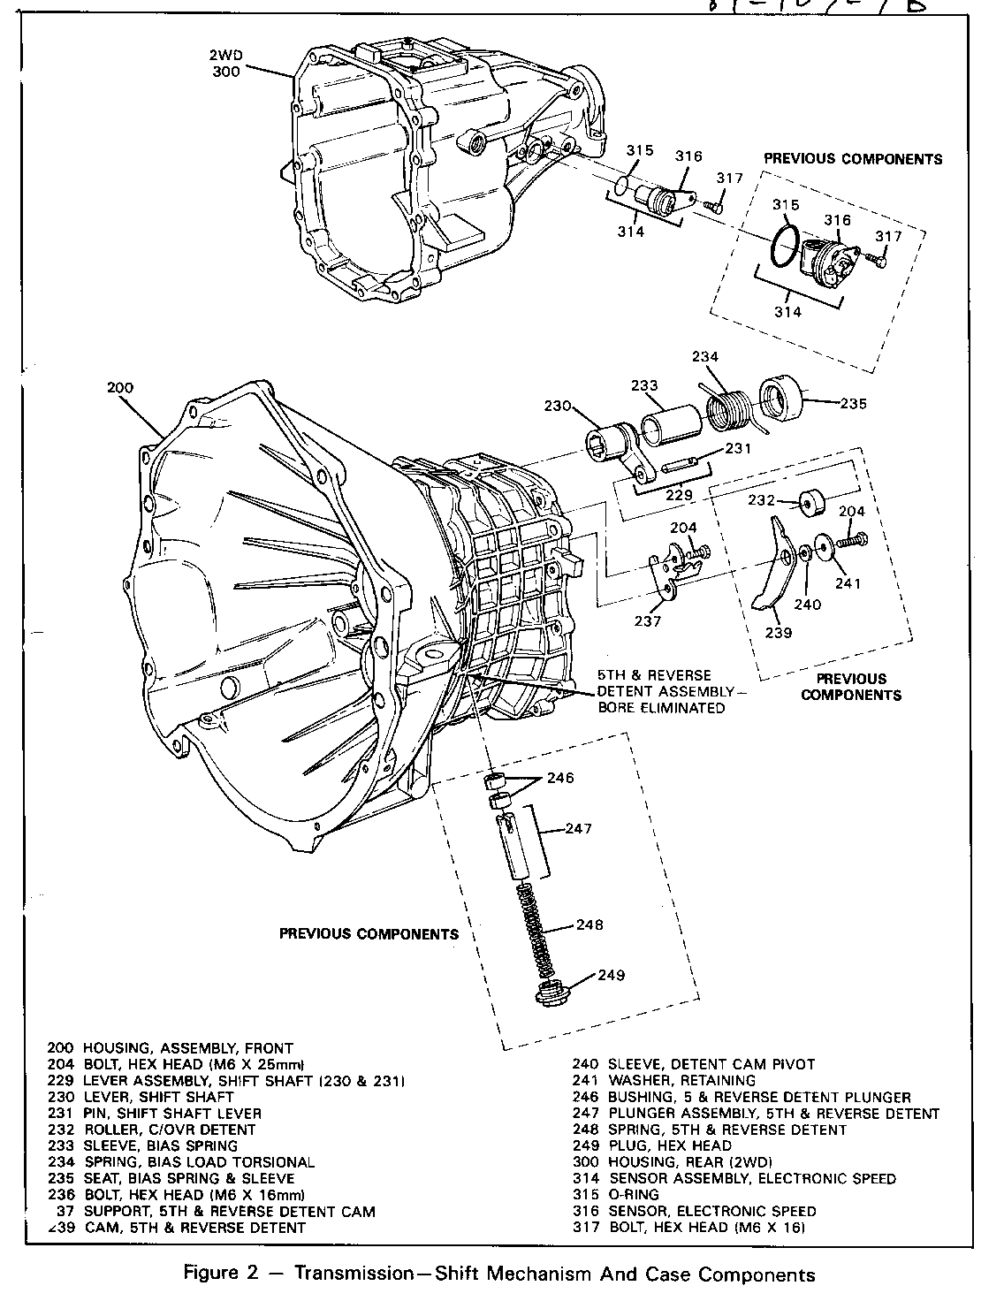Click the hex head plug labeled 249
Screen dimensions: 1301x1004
click(553, 993)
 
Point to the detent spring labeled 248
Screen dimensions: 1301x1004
click(532, 927)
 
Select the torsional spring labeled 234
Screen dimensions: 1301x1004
click(728, 407)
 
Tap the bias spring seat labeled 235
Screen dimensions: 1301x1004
click(780, 399)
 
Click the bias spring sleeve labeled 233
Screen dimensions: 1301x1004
click(672, 426)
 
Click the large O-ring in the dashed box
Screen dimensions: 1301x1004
click(785, 244)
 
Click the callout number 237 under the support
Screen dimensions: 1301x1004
click(647, 621)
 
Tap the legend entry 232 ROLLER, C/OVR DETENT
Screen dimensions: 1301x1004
click(151, 1130)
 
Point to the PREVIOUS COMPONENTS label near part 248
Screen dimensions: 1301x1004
click(369, 933)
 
